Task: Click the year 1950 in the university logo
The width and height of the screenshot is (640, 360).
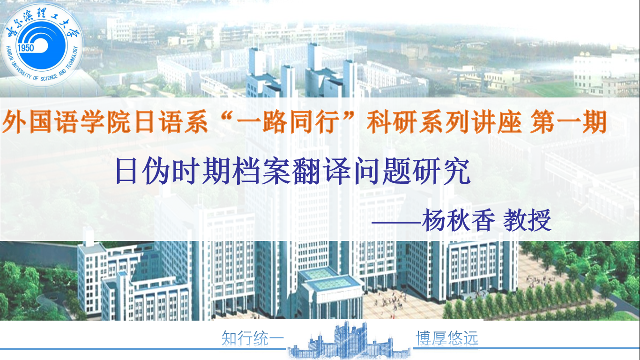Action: [26, 48]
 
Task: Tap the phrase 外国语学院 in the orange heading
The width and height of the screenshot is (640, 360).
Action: [68, 122]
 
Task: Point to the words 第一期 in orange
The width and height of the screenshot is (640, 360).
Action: [568, 122]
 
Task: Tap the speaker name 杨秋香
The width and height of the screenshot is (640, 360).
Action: [458, 220]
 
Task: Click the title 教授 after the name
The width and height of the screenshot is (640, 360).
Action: [527, 220]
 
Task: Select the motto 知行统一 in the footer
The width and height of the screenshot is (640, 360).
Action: [253, 338]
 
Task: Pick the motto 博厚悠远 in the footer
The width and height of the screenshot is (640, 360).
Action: [447, 338]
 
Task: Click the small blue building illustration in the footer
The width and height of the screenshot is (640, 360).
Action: [349, 340]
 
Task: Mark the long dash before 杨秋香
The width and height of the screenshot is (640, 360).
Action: [396, 222]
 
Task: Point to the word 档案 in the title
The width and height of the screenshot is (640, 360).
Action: [262, 172]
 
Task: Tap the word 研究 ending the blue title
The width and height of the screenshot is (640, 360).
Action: [441, 172]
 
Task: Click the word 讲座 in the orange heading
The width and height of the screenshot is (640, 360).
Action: [496, 122]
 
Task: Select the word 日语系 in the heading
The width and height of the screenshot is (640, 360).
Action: [171, 122]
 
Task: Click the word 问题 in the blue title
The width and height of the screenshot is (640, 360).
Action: [381, 172]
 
